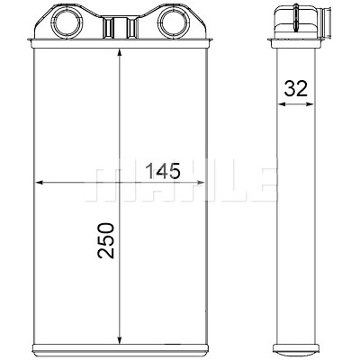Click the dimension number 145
[x=163, y=171]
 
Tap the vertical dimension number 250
[x=106, y=240]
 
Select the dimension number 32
[x=296, y=88]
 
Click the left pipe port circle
[x=68, y=22]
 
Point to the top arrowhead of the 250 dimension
[x=120, y=54]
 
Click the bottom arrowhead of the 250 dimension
[x=120, y=339]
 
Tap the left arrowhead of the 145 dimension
[x=40, y=182]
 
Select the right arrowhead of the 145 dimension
[x=200, y=182]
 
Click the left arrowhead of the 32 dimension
[x=282, y=104]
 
